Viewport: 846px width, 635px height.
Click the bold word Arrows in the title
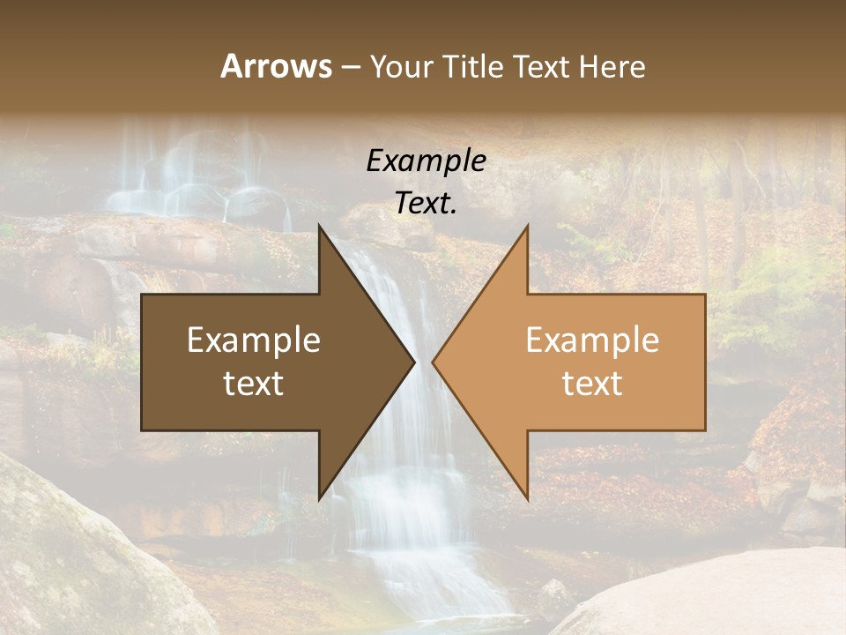pyautogui.click(x=276, y=66)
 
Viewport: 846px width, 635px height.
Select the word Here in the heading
pyautogui.click(x=612, y=66)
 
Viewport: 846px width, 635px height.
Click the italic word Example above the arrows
pyautogui.click(x=426, y=161)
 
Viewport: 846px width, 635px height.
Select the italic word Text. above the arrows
pyautogui.click(x=426, y=203)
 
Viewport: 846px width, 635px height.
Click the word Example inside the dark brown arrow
pyautogui.click(x=254, y=340)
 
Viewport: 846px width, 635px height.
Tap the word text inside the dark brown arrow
pyautogui.click(x=254, y=384)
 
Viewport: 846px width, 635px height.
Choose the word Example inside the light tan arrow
pyautogui.click(x=592, y=340)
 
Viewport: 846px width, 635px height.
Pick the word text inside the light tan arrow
pyautogui.click(x=592, y=384)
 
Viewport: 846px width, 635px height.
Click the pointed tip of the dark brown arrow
pyautogui.click(x=414, y=362)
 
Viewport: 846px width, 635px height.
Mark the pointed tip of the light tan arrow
pyautogui.click(x=433, y=362)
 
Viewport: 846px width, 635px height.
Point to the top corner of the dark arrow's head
pyautogui.click(x=319, y=225)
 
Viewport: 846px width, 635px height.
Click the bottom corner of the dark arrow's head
pyautogui.click(x=319, y=499)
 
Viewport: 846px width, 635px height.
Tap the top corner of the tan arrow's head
pyautogui.click(x=527, y=225)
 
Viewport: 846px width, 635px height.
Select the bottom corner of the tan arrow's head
pyautogui.click(x=527, y=499)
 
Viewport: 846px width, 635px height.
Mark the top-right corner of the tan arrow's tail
pyautogui.click(x=705, y=295)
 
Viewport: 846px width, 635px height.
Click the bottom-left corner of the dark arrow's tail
pyautogui.click(x=142, y=430)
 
